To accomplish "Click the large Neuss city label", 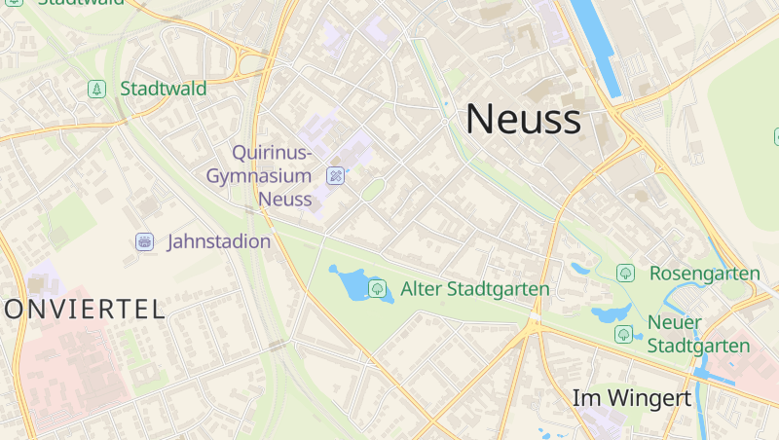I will click(523, 119).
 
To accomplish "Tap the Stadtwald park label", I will click(163, 89).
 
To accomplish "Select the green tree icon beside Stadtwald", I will click(96, 89).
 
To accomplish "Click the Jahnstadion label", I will click(219, 241).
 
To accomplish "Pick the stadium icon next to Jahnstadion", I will click(144, 241).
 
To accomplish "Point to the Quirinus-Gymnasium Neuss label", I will click(272, 176).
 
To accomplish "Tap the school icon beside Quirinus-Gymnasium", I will click(336, 176).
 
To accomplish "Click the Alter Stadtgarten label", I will click(475, 289).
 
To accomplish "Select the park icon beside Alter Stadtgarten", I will click(377, 288).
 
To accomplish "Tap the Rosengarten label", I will click(704, 274).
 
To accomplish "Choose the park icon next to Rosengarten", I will click(625, 274).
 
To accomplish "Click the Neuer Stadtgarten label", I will click(698, 334).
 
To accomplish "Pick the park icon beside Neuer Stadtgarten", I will click(623, 335).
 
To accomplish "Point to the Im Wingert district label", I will click(631, 398).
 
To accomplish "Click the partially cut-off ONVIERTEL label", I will click(84, 310).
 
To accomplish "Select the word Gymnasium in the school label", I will click(258, 176).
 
